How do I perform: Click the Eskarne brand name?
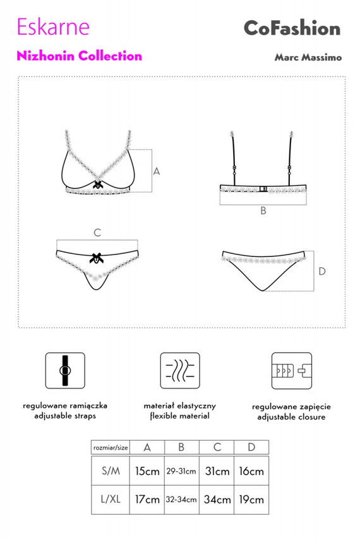pos(53,27)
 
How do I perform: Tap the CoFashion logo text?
pos(292,28)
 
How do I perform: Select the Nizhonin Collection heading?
pos(79,56)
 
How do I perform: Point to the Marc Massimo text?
pos(308,57)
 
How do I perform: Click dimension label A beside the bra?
pos(157,171)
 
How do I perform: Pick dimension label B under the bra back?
pos(263,211)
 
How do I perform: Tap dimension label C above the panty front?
pos(97,233)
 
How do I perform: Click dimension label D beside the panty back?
pos(321,272)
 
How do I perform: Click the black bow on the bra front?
pos(98,184)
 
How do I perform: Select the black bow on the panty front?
pos(97,258)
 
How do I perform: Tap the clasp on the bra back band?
pos(263,189)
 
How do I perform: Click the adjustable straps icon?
pos(65,371)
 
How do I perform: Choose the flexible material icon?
pos(180,371)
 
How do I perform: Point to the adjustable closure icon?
pos(291,371)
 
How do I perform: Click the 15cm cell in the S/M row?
pos(147,471)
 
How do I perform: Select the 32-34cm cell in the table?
pos(181,500)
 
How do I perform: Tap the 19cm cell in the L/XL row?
pos(251,500)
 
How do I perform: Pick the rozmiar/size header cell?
pos(111,448)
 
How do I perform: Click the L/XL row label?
pos(111,500)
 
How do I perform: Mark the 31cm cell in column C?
pos(217,471)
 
